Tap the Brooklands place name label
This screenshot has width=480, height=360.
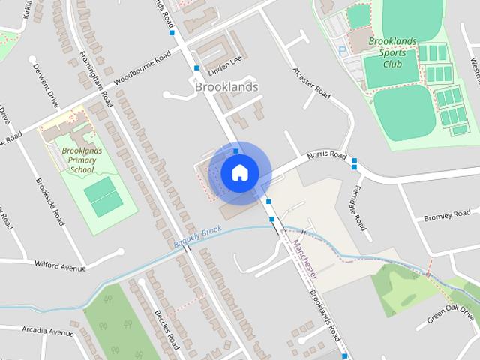(226, 87)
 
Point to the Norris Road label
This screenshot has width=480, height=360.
(327, 157)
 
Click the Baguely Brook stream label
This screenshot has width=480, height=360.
(197, 237)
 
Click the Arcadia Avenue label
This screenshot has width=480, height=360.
(48, 331)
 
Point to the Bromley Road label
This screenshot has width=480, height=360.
(447, 216)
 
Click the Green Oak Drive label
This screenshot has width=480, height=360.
(451, 313)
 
